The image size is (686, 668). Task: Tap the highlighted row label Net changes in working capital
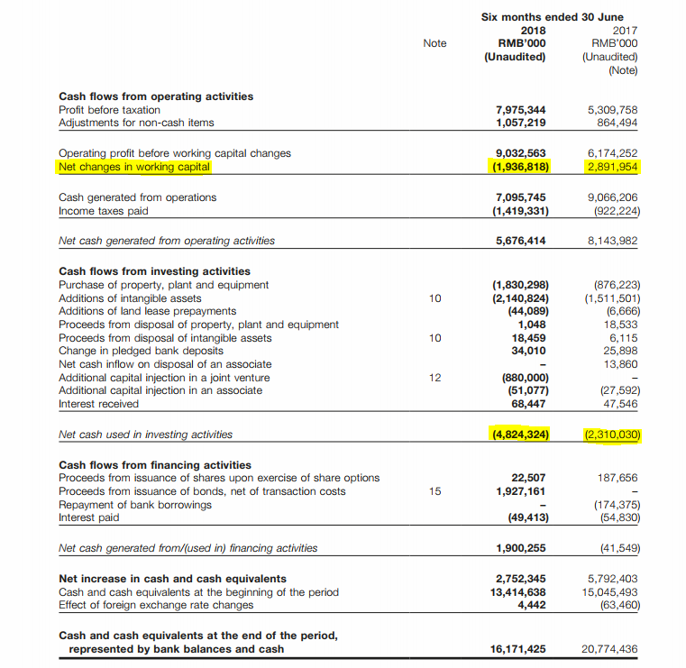(134, 167)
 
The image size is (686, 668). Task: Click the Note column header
(434, 42)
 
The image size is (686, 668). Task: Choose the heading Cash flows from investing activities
(154, 270)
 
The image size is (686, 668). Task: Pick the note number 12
(434, 377)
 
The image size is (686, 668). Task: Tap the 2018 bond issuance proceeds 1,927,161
(521, 491)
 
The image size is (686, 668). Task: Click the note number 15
(434, 491)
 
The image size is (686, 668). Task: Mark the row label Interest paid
(89, 517)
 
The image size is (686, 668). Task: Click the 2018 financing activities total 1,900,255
(521, 548)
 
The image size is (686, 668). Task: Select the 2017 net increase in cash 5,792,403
(612, 579)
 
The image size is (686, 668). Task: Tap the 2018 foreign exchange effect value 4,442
(531, 605)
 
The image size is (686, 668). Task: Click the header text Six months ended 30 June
(552, 16)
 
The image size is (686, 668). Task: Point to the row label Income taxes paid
(103, 211)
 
